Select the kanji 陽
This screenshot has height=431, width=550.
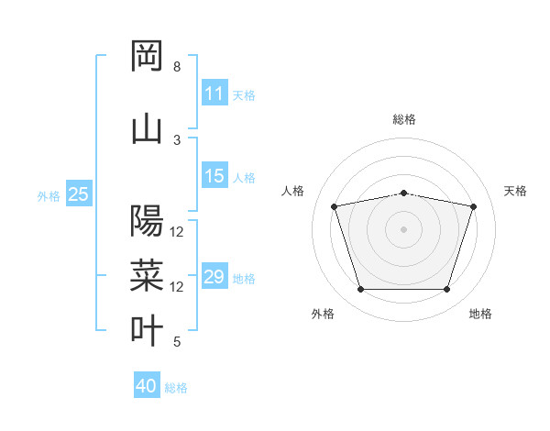pyautogui.click(x=147, y=221)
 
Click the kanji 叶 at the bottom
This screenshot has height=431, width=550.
pyautogui.click(x=147, y=330)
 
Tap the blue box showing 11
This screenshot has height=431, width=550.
pyautogui.click(x=214, y=94)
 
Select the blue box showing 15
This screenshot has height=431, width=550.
pyautogui.click(x=214, y=176)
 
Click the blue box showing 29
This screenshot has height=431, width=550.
pyautogui.click(x=214, y=277)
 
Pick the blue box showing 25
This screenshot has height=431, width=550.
pyautogui.click(x=79, y=194)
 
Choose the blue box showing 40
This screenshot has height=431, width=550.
pyautogui.click(x=147, y=386)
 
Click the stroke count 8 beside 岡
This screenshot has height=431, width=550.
pyautogui.click(x=177, y=67)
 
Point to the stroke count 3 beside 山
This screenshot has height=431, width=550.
pyautogui.click(x=177, y=139)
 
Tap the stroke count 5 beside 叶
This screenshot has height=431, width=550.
pyautogui.click(x=177, y=342)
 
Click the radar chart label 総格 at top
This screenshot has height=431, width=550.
pyautogui.click(x=404, y=119)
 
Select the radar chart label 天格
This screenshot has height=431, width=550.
pyautogui.click(x=515, y=191)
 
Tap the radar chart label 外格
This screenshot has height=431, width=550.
pyautogui.click(x=323, y=314)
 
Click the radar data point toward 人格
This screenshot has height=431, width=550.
pyautogui.click(x=335, y=206)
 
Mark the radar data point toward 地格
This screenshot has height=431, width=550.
pyautogui.click(x=446, y=290)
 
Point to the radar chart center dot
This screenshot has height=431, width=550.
pyautogui.click(x=404, y=228)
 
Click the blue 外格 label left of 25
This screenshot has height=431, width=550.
pyautogui.click(x=49, y=195)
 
